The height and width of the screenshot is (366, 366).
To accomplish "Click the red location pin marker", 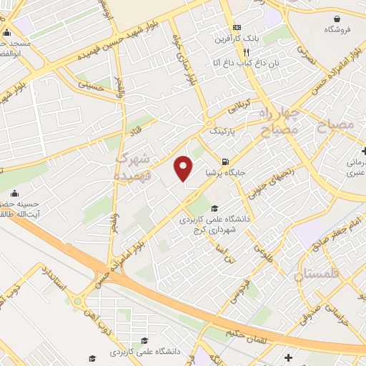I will pyautogui.click(x=184, y=169).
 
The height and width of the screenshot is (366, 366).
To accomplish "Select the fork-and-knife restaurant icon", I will pyautogui.click(x=246, y=52).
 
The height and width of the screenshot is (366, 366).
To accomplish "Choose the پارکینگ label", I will pyautogui.click(x=222, y=132).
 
